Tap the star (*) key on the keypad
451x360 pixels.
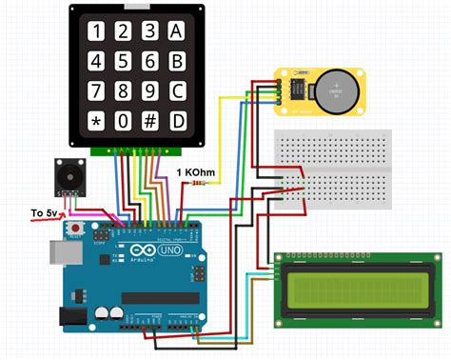click(95, 122)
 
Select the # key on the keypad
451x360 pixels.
click(148, 122)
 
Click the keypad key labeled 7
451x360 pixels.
click(95, 91)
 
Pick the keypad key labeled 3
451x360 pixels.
click(148, 31)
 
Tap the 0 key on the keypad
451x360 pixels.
click(122, 122)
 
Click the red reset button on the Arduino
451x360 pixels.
click(73, 230)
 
